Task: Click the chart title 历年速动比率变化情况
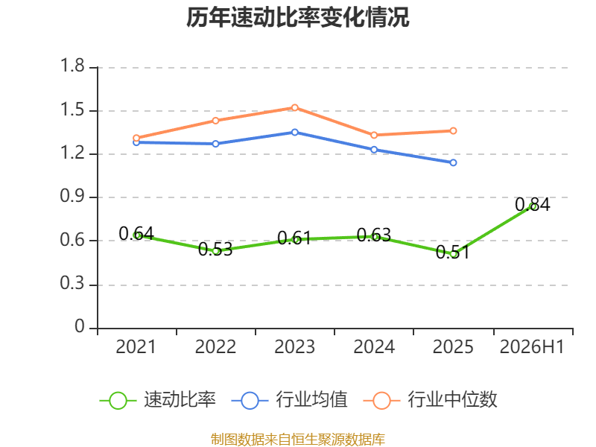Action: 297,17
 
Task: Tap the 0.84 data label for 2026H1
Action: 532,204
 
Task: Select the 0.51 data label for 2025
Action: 453,252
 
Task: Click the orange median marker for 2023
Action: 294,107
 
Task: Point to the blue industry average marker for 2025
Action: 453,162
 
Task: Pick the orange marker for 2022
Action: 215,121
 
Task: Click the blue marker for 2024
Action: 374,150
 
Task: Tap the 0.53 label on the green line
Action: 215,250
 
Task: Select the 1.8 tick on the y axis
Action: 72,66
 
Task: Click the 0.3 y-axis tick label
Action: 72,283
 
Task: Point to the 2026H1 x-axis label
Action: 532,347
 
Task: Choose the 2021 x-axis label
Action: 136,347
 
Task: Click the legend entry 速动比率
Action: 158,400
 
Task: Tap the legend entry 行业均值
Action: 290,400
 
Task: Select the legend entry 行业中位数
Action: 431,400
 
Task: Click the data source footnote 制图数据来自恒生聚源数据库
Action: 298,440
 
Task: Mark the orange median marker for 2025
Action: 453,131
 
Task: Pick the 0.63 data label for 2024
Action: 374,235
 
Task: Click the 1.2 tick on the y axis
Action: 72,153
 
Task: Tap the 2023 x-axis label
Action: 294,347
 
